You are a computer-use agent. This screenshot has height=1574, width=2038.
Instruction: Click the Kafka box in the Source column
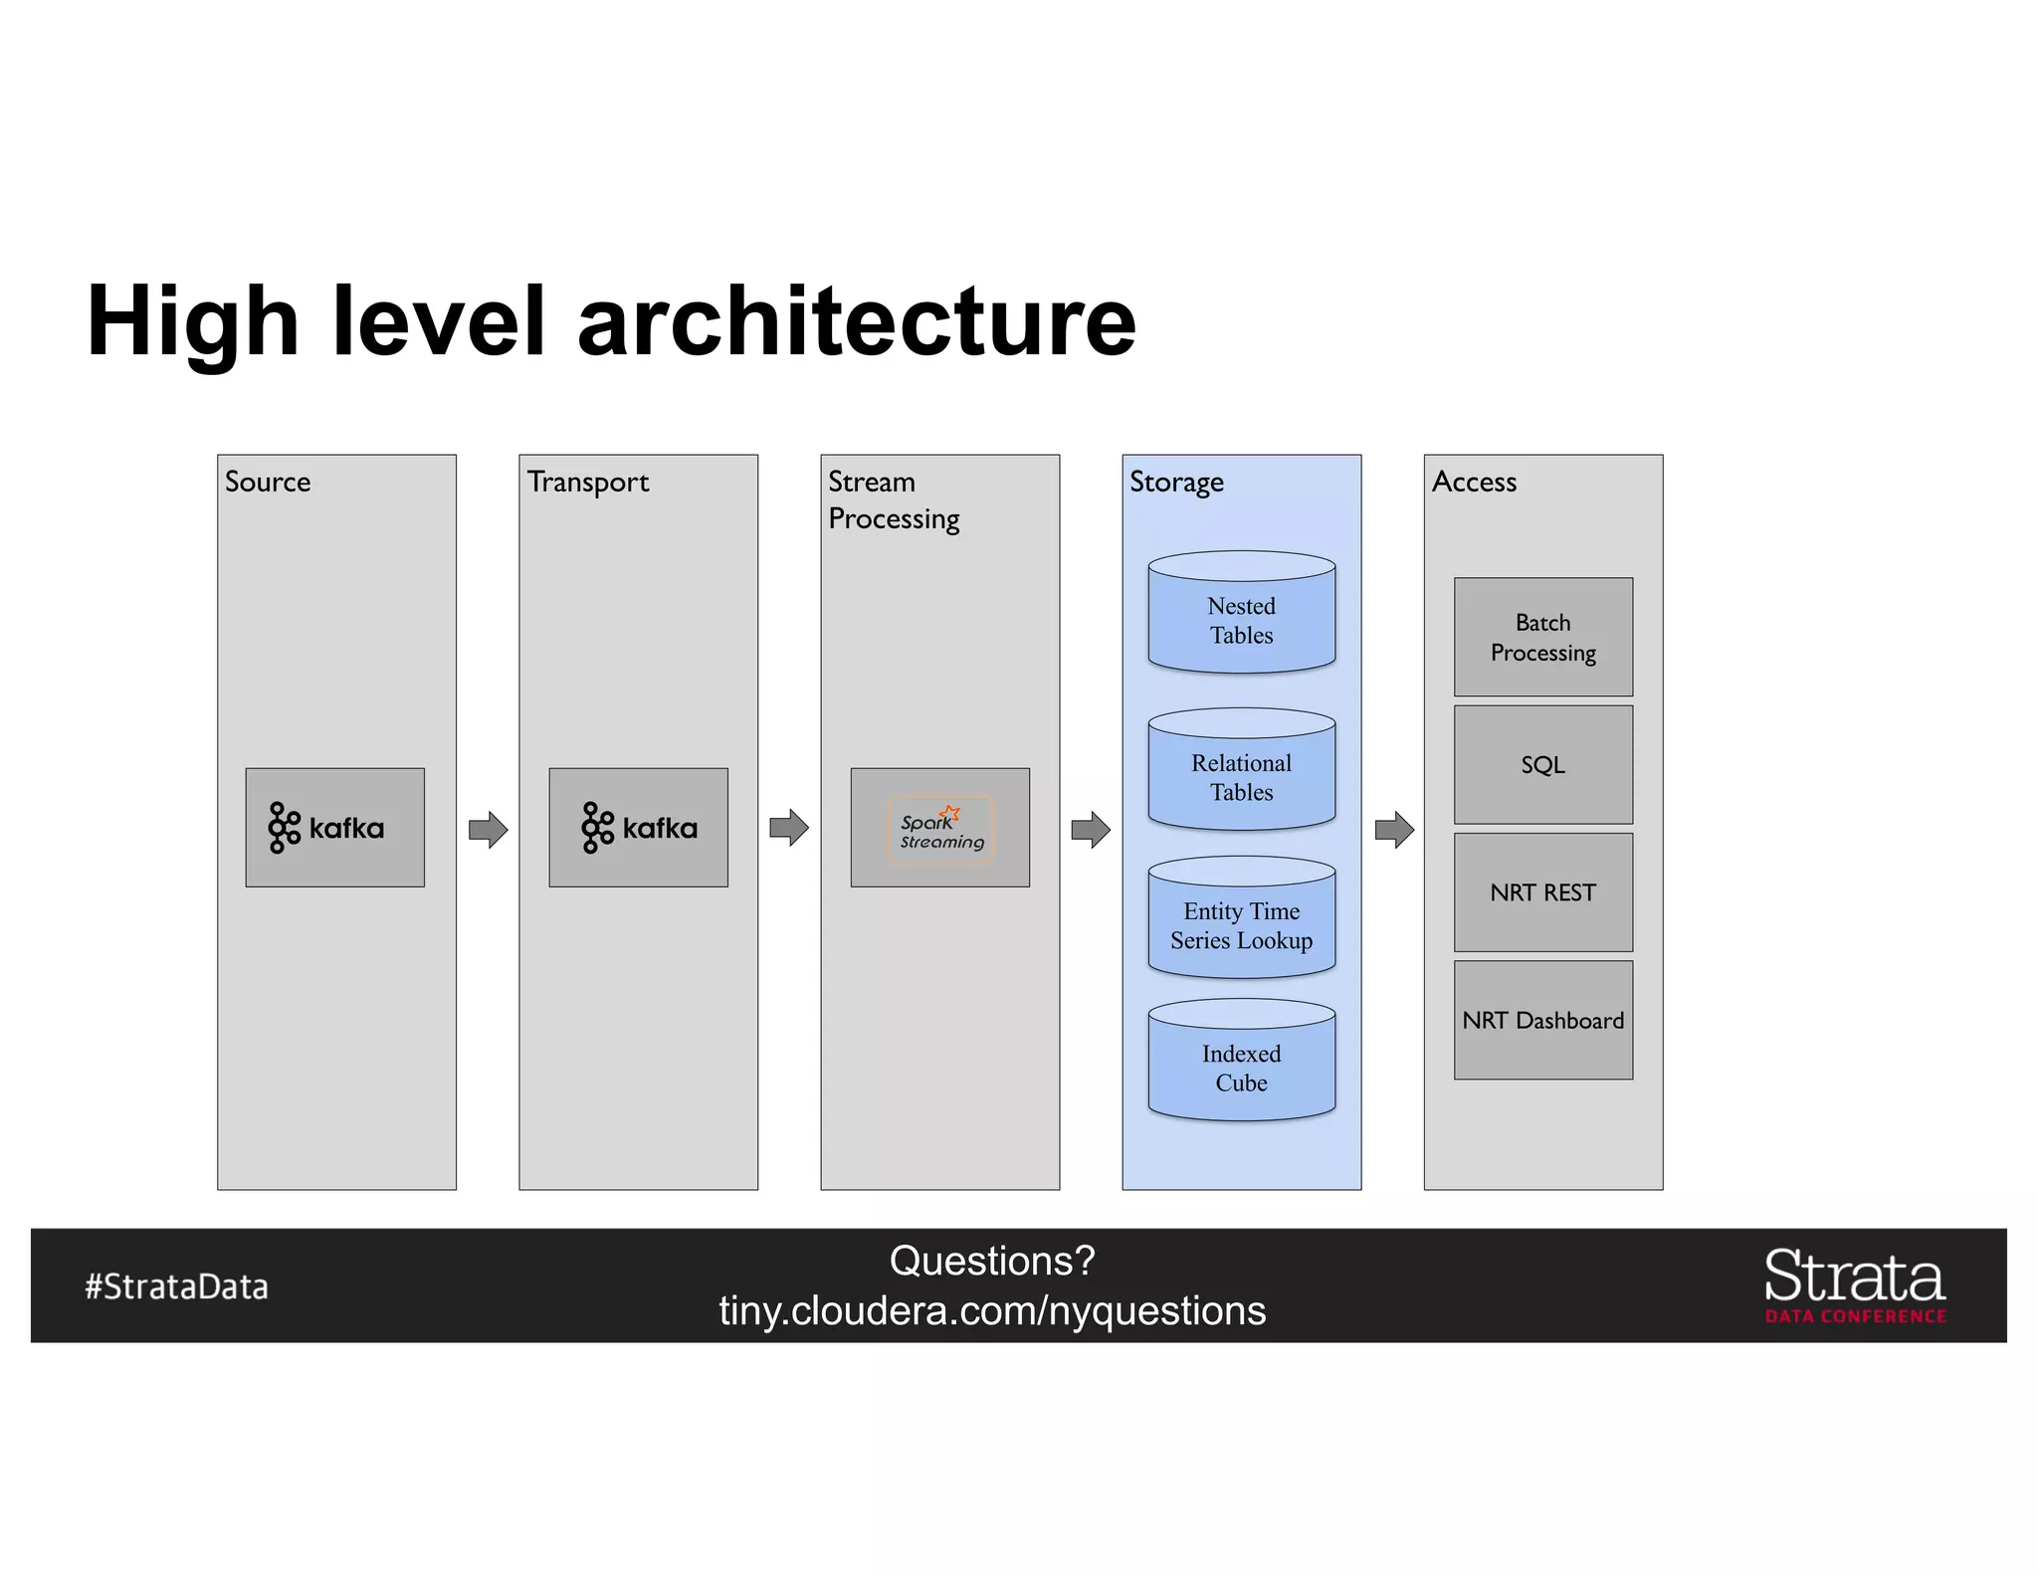[x=334, y=827]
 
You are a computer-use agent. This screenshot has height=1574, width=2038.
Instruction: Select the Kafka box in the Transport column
[x=638, y=827]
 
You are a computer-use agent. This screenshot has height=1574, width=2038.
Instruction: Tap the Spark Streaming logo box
[x=939, y=827]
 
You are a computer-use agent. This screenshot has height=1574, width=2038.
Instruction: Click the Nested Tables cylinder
[x=1241, y=614]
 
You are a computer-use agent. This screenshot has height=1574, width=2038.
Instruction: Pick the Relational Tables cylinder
[x=1241, y=771]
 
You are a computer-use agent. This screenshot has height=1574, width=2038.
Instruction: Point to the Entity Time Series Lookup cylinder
[x=1241, y=919]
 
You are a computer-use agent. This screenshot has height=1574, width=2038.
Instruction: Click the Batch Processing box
[x=1542, y=637]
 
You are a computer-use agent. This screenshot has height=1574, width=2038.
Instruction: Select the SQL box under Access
[x=1542, y=764]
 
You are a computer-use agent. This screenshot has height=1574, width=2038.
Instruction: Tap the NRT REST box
[x=1542, y=891]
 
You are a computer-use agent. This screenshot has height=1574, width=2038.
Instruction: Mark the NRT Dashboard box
[x=1542, y=1020]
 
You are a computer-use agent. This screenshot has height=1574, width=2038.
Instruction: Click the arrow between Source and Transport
[x=488, y=829]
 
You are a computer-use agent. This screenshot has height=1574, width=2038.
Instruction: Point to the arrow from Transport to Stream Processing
[x=789, y=827]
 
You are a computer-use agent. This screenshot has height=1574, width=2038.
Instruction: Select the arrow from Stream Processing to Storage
[x=1091, y=829]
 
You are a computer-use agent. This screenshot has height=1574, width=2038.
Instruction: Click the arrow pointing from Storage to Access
[x=1394, y=829]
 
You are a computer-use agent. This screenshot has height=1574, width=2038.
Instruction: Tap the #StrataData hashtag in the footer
[x=176, y=1286]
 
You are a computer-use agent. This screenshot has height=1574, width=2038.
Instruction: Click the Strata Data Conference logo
[x=1855, y=1285]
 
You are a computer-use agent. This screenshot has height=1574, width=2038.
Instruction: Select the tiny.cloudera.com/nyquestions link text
[x=992, y=1311]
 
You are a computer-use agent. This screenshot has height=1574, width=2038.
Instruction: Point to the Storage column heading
[x=1176, y=483]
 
